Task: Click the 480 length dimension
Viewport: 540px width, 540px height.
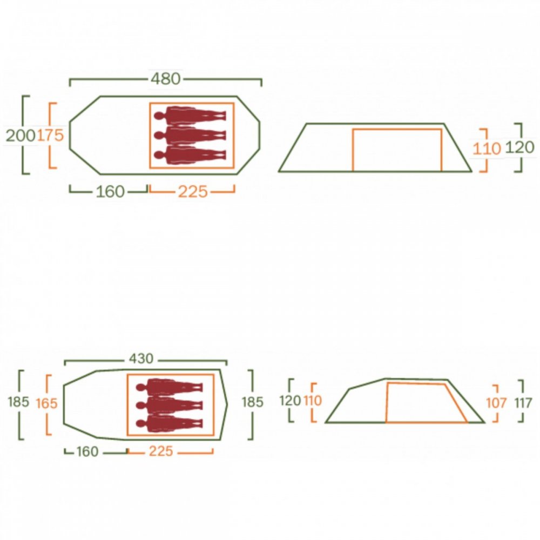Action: point(166,79)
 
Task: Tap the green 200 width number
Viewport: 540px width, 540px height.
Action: point(21,136)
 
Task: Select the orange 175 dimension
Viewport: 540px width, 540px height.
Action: point(50,135)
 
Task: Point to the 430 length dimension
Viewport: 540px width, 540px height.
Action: point(141,359)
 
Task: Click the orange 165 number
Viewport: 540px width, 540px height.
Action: point(46,403)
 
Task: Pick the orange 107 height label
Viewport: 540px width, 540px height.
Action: point(496,403)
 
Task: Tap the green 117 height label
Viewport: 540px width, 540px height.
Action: point(523,403)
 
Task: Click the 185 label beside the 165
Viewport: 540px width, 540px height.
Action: point(18,402)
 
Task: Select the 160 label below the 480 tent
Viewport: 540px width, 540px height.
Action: point(110,192)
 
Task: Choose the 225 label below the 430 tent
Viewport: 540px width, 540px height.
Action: point(161,451)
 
